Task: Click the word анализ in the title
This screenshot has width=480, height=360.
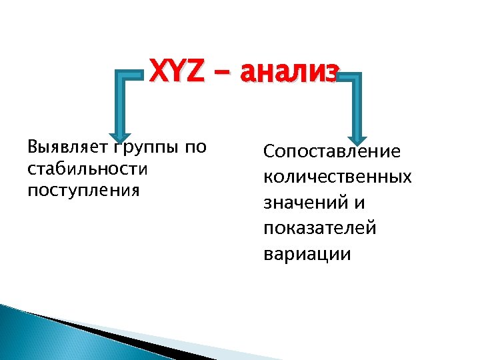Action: (291, 71)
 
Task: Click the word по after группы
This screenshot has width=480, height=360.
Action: (196, 147)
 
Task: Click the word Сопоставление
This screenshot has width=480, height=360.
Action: (332, 151)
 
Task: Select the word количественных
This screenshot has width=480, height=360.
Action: (337, 177)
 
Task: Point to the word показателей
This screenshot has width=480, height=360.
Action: (320, 229)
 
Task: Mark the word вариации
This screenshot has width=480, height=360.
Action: (307, 255)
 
